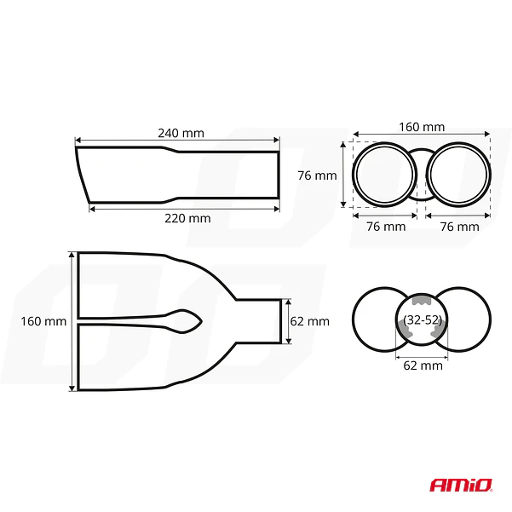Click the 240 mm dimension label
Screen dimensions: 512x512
point(181,133)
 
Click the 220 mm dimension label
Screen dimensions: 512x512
point(187,218)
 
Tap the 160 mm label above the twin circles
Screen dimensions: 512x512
point(422,127)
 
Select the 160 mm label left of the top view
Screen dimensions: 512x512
point(43,321)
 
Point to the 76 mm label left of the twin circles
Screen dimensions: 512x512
point(317,175)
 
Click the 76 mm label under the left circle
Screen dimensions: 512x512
point(386,227)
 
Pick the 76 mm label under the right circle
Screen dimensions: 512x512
point(460,227)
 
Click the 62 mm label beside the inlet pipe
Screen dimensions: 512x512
point(309,321)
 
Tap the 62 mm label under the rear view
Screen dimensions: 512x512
point(423,365)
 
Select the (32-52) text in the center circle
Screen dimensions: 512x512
point(423,320)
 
